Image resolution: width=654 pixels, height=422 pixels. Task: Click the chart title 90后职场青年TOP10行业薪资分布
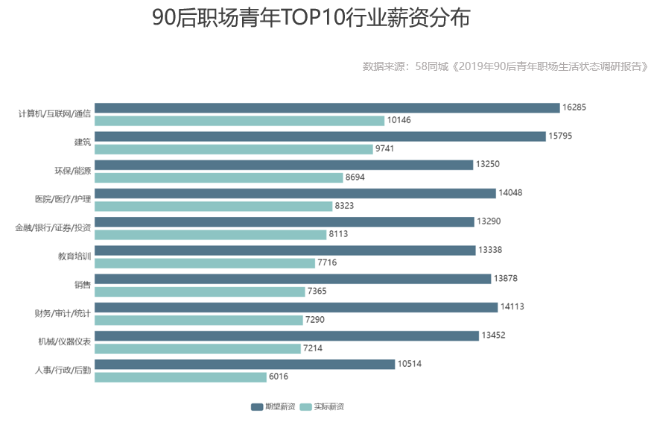[x=311, y=18]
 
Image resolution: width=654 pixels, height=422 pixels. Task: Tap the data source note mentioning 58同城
[x=506, y=66]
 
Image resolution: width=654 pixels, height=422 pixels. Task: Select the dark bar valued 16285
[x=327, y=107]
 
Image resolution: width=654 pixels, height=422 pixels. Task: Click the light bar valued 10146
[x=239, y=121]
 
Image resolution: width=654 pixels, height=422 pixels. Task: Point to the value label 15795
[x=560, y=136]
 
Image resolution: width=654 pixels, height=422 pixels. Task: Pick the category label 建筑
[x=82, y=142]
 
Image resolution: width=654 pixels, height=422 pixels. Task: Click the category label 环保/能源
[x=72, y=171]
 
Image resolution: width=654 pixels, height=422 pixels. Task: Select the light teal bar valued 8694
[x=218, y=177]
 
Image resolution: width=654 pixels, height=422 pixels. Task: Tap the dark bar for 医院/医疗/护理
[x=295, y=193]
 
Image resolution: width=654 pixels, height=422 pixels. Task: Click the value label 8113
[x=338, y=234]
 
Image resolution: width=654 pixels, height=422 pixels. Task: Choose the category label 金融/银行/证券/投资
[x=53, y=227]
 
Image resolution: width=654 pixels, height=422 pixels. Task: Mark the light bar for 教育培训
[x=205, y=263]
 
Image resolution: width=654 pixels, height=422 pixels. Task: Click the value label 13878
[x=506, y=278]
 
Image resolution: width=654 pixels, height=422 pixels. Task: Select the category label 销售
[x=82, y=285]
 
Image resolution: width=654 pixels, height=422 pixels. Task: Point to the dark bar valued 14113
[x=296, y=307]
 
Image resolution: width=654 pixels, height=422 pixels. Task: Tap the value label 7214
[x=313, y=348]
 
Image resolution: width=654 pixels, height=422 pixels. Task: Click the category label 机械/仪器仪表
[x=64, y=341]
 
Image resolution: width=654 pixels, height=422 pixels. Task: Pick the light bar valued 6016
[x=180, y=377]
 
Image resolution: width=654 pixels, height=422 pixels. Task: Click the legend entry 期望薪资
[x=273, y=406]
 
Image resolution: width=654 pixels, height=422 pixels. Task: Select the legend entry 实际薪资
[x=322, y=406]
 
